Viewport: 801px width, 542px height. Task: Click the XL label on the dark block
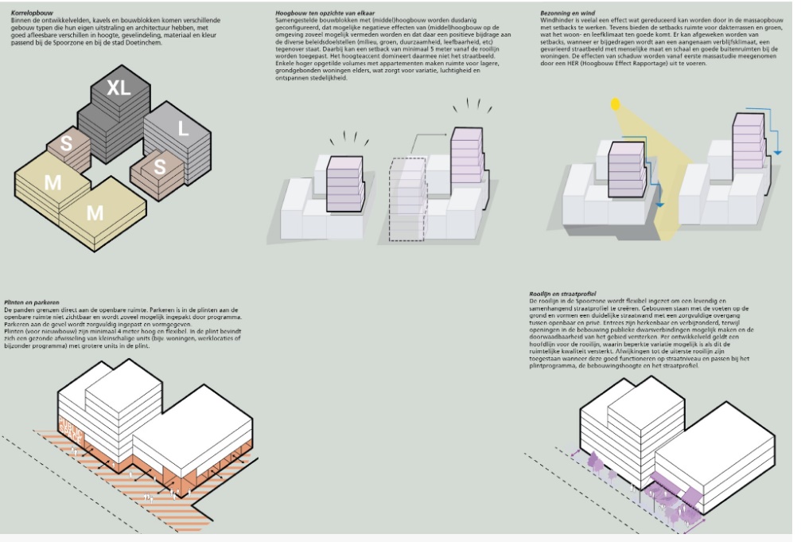119,88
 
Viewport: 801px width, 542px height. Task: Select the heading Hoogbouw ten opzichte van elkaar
315,14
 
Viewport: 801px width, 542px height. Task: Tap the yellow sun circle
613,103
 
